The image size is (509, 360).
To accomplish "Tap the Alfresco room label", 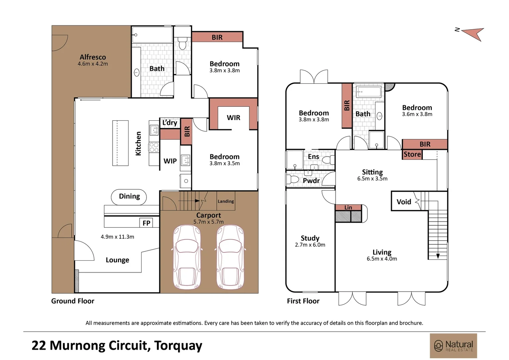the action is [93, 57].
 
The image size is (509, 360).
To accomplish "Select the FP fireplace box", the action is [146, 223].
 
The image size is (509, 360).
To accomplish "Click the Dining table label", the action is [129, 196].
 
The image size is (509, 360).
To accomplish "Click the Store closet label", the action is [412, 154].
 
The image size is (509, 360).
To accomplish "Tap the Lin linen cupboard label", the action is [348, 207].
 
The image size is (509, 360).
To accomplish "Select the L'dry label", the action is [170, 123].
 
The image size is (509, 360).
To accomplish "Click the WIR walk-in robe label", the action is [234, 118].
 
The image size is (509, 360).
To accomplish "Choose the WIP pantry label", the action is [170, 161].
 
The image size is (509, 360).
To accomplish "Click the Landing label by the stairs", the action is [226, 201].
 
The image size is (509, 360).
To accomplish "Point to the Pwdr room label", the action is [311, 181].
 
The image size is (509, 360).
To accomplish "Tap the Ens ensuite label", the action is [313, 157].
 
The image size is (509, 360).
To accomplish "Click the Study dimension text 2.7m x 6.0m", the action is [310, 245].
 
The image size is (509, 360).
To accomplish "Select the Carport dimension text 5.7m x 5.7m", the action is [209, 222].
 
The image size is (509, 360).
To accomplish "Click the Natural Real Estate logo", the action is [453, 346].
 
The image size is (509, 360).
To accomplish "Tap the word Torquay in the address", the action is [178, 345].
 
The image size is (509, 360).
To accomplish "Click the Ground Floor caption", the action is [73, 301].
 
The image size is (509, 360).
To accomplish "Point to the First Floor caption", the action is [303, 301].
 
